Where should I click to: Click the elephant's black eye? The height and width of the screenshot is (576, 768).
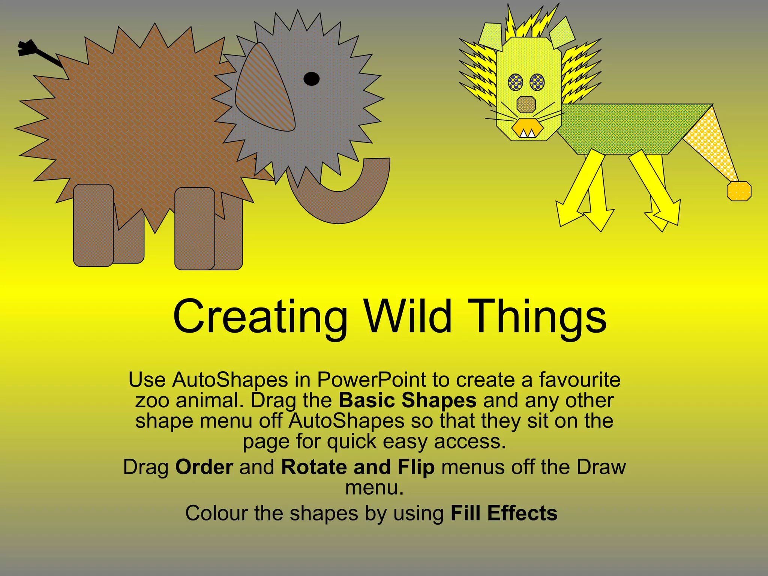point(311,79)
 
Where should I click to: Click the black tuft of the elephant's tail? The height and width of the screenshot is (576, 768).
point(26,49)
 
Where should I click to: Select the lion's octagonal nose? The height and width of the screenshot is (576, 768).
point(526,105)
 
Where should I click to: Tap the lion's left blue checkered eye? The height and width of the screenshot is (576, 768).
point(516,82)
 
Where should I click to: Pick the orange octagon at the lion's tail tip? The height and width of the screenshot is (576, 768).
point(739,191)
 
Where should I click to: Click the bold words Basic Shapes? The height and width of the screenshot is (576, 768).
point(408,400)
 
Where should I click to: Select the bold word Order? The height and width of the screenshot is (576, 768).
point(204,467)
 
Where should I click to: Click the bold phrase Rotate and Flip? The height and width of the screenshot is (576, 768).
point(358,467)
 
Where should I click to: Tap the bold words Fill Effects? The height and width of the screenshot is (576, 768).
point(504,513)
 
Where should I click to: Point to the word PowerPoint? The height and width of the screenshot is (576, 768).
point(372,380)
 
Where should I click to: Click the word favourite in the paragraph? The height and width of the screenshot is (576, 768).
point(580,380)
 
